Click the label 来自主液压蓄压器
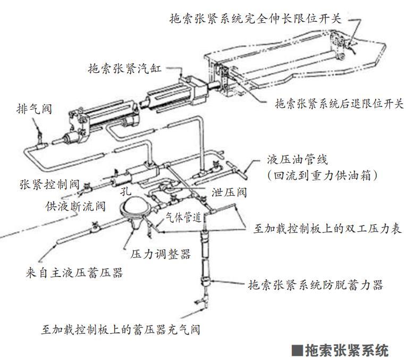coord(73,273)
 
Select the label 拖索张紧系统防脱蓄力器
coord(316,284)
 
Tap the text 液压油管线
coord(298,160)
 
